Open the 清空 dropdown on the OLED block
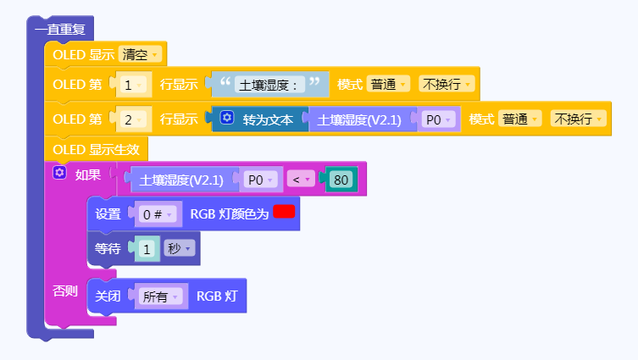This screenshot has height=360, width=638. point(141,55)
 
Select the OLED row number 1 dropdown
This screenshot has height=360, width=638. point(133,85)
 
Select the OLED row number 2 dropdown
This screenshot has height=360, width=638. point(133,119)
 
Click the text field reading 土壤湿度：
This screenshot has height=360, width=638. point(269,85)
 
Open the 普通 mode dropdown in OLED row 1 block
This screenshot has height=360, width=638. point(389,85)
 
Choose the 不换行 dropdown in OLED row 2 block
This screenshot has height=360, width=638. point(577,119)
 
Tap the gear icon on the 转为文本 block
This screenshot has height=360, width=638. point(226,119)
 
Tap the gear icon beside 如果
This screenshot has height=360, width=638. point(59,174)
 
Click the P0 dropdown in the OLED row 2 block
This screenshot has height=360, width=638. point(438,119)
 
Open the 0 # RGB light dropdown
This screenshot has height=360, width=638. point(157,214)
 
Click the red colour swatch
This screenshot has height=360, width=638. point(284,212)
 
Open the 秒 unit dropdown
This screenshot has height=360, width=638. point(178,249)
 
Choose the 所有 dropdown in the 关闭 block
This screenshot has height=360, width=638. point(161,296)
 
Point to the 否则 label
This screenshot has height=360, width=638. point(65,291)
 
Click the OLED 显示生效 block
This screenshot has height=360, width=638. point(96,150)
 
